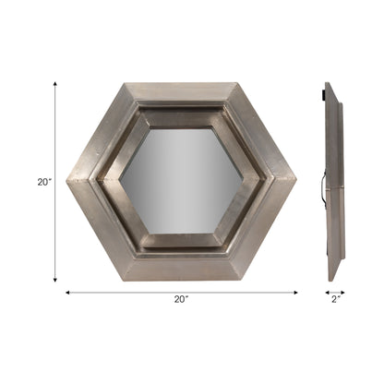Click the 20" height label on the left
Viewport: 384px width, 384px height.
pyautogui.click(x=43, y=183)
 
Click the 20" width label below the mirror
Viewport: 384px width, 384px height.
pyautogui.click(x=181, y=299)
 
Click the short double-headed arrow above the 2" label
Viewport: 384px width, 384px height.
pyautogui.click(x=334, y=289)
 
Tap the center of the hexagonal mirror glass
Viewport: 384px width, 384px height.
pyautogui.click(x=181, y=182)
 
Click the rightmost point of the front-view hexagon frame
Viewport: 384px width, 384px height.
pyautogui.click(x=296, y=182)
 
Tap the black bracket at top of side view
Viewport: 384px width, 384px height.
pyautogui.click(x=323, y=92)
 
